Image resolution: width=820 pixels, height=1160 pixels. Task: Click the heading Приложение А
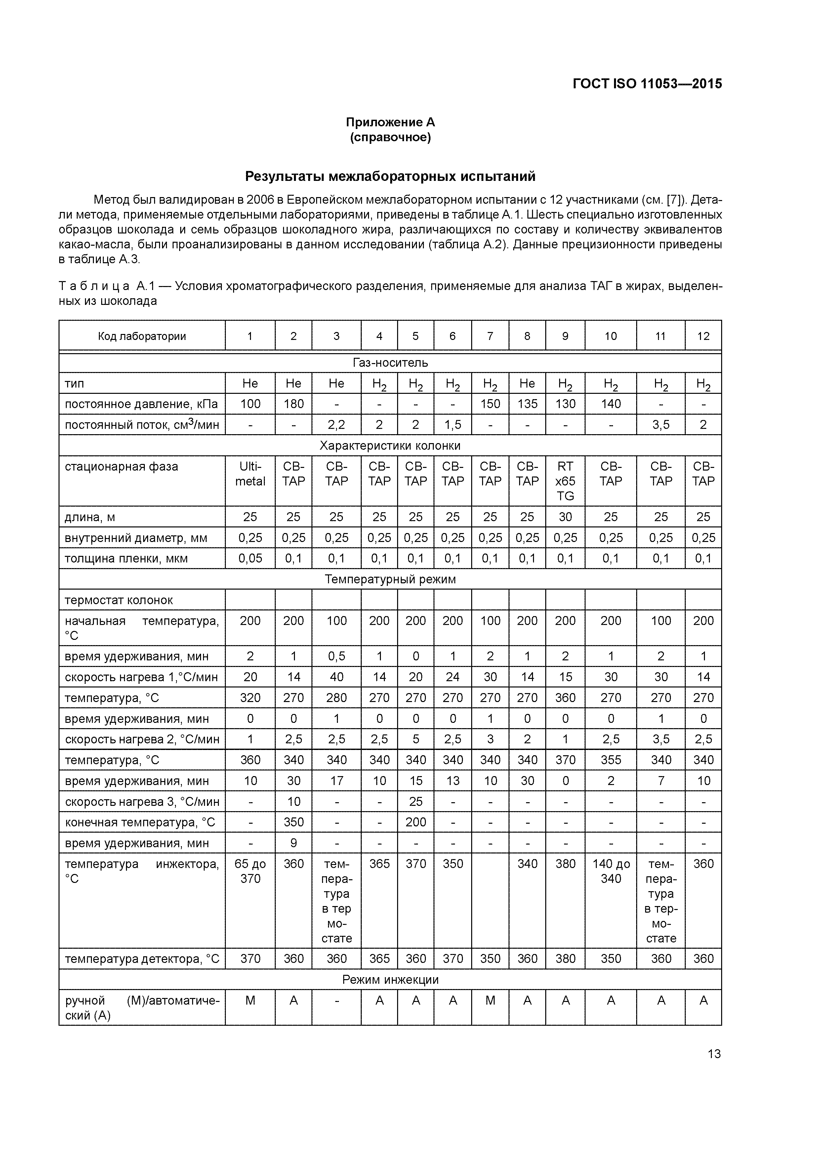[390, 122]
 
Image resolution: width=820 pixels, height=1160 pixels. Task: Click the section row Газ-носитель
[390, 363]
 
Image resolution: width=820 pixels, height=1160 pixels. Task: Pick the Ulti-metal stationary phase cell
[250, 474]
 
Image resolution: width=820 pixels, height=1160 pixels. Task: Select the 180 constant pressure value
[294, 404]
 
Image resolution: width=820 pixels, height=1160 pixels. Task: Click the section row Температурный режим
[390, 579]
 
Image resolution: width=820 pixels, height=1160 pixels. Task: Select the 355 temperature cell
[610, 760]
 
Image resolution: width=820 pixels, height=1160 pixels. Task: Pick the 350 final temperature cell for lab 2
[294, 822]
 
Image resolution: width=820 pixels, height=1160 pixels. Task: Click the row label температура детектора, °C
[142, 959]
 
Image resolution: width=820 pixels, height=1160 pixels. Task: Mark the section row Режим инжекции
[390, 980]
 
